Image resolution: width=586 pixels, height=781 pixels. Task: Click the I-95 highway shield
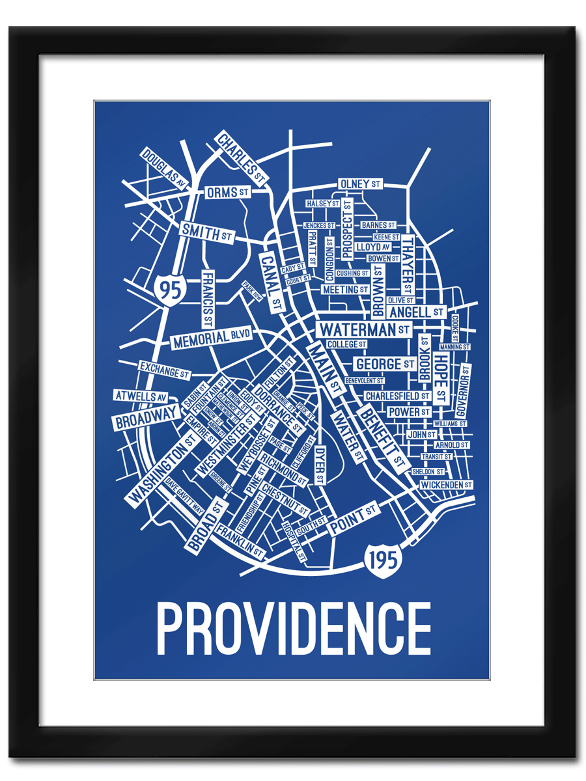coord(171,288)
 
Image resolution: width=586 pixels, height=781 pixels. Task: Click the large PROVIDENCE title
coord(293,629)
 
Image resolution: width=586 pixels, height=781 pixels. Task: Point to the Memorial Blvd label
coord(211,338)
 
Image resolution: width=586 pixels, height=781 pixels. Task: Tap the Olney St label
coord(360,184)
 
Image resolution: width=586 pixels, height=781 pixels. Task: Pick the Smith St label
coord(207,232)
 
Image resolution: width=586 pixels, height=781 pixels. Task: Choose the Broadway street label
coord(146,417)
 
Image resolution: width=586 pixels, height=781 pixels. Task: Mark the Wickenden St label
coord(445,485)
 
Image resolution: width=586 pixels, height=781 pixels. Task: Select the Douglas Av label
coord(163,169)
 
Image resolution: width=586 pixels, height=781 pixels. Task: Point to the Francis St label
coord(207,299)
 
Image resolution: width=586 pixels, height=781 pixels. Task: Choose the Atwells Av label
coord(141,396)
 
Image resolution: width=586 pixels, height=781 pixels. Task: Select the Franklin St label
coord(240,541)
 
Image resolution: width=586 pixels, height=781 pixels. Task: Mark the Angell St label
coord(417,312)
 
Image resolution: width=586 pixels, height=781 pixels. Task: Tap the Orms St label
coord(228,193)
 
